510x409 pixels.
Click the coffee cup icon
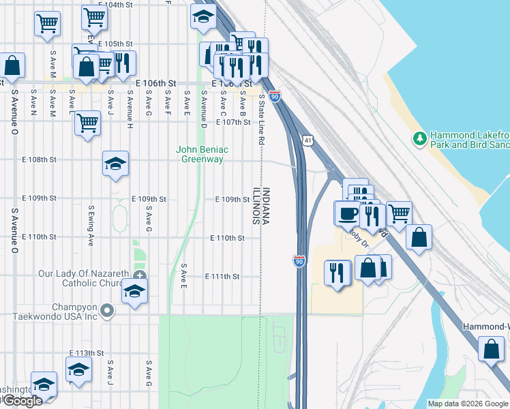pyautogui.click(x=347, y=213)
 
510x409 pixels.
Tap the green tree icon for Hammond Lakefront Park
pyautogui.click(x=420, y=138)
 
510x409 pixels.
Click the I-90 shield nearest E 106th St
pyautogui.click(x=274, y=96)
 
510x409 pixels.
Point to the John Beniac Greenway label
pyautogui.click(x=202, y=154)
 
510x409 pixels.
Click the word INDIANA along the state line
pyautogui.click(x=267, y=207)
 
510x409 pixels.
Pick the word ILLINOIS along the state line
pyautogui.click(x=257, y=207)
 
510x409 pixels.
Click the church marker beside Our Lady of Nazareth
pyautogui.click(x=140, y=276)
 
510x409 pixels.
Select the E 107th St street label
pyautogui.click(x=233, y=123)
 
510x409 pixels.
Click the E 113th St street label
pyautogui.click(x=86, y=353)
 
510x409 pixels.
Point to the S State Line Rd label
pyautogui.click(x=261, y=119)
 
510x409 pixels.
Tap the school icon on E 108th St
pyautogui.click(x=116, y=164)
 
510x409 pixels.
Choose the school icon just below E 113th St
pyautogui.click(x=78, y=370)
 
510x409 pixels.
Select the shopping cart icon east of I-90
pyautogui.click(x=399, y=213)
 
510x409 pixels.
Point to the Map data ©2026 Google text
pyautogui.click(x=468, y=404)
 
